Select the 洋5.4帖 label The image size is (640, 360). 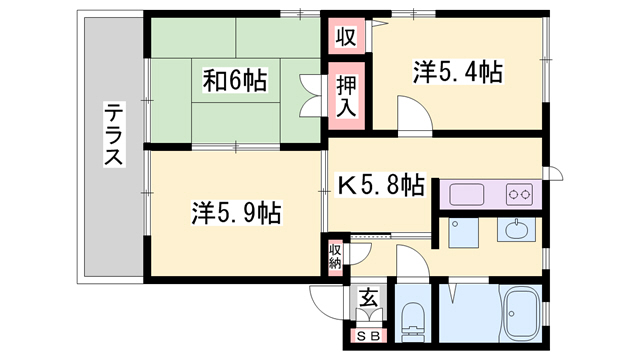[x=457, y=72]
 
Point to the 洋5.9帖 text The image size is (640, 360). [x=236, y=212]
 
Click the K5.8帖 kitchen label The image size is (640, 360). [x=381, y=185]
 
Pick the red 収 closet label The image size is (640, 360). [x=345, y=38]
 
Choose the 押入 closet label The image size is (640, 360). [x=346, y=98]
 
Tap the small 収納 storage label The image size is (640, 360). [x=334, y=256]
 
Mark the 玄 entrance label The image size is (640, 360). [x=368, y=297]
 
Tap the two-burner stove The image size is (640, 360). [x=519, y=194]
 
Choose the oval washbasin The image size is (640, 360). [x=518, y=231]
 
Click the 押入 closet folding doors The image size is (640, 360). [x=315, y=97]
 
